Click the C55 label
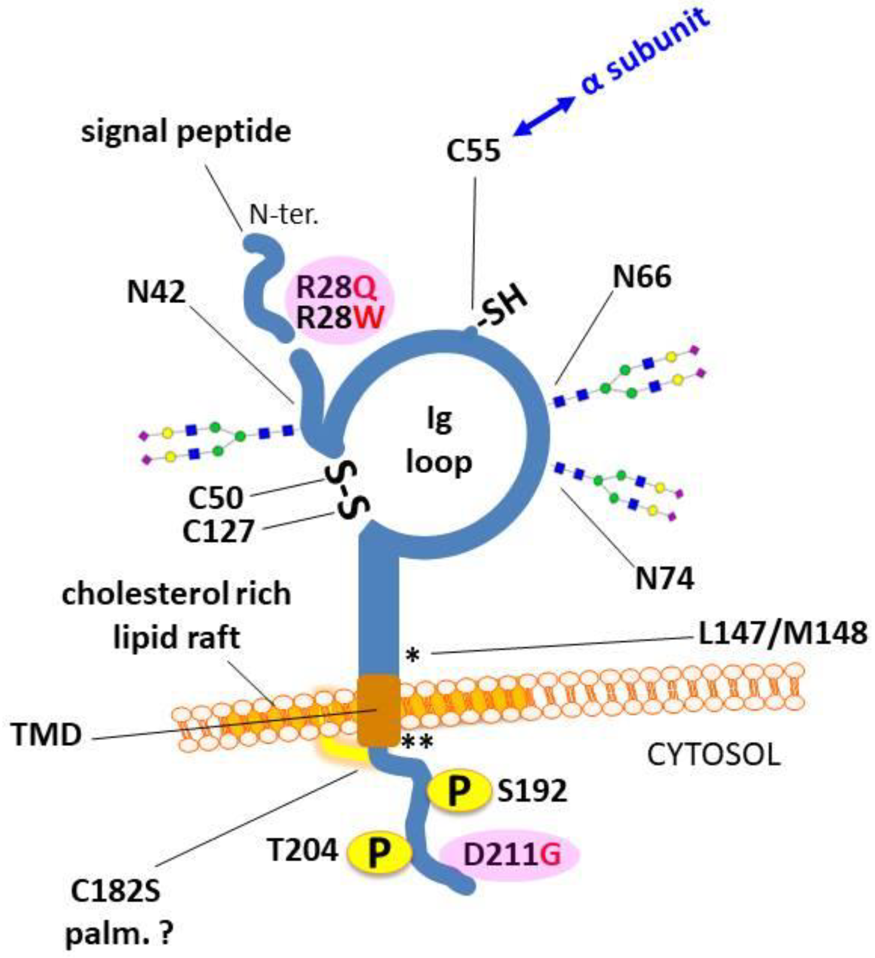(473, 151)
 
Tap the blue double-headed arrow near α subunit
(543, 116)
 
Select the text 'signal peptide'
(186, 132)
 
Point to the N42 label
(156, 292)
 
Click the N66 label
(642, 277)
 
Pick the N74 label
(664, 579)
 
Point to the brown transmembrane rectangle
(378, 711)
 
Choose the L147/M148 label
(783, 632)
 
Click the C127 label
(218, 531)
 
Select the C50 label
(215, 498)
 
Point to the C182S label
(116, 891)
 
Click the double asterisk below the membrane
(417, 741)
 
